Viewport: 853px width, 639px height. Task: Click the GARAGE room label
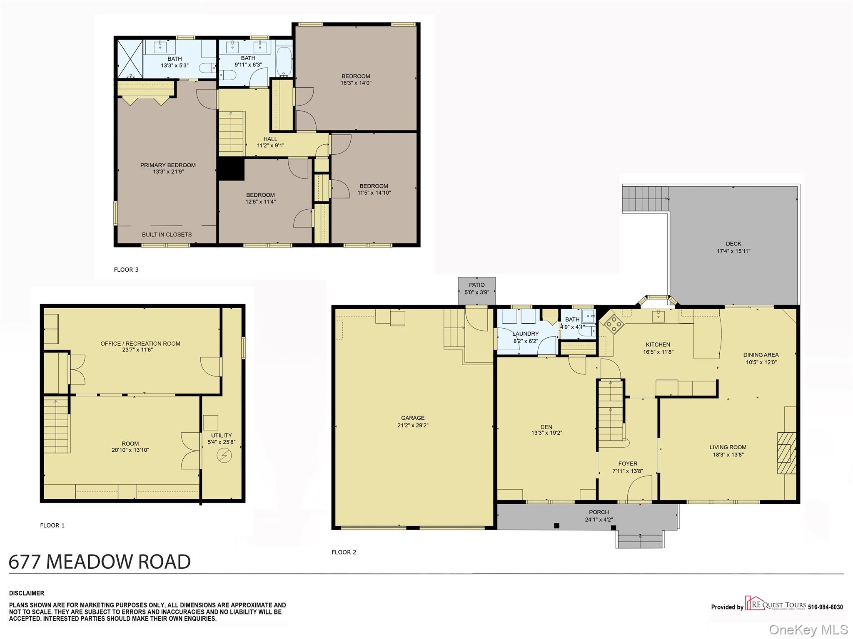tap(413, 418)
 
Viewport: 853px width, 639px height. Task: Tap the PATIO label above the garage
tap(477, 285)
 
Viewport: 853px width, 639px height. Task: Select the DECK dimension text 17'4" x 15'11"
tap(733, 251)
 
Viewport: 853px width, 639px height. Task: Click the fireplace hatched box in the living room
tap(786, 453)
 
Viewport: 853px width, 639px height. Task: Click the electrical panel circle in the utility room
tap(224, 456)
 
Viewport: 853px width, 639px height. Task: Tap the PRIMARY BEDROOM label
tap(168, 165)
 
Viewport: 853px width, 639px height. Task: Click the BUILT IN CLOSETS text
tap(167, 235)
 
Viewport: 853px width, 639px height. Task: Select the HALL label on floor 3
tap(270, 139)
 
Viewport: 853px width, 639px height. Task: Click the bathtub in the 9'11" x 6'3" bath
tap(284, 62)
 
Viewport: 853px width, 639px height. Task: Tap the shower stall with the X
tap(130, 59)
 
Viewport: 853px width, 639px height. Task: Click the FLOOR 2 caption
tap(344, 552)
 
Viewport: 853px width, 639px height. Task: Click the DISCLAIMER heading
tap(27, 593)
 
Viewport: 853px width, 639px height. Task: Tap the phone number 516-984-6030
tap(826, 607)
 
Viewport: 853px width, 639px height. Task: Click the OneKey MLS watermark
tap(808, 629)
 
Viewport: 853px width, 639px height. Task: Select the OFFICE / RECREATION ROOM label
tap(140, 344)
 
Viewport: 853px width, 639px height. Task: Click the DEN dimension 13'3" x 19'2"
tap(546, 433)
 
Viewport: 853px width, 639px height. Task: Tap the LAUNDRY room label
tap(525, 334)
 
